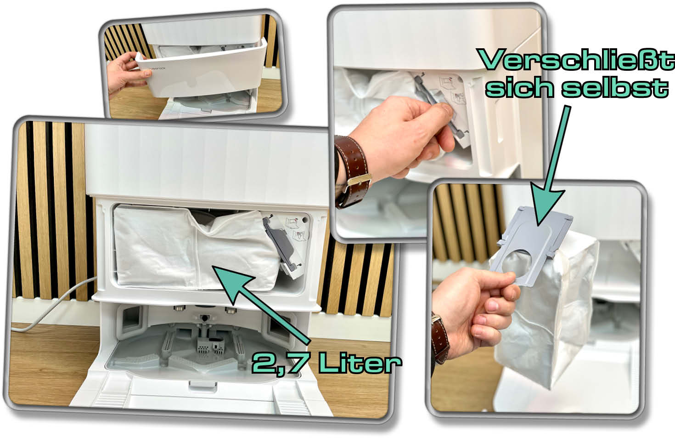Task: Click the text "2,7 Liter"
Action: (x=326, y=364)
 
